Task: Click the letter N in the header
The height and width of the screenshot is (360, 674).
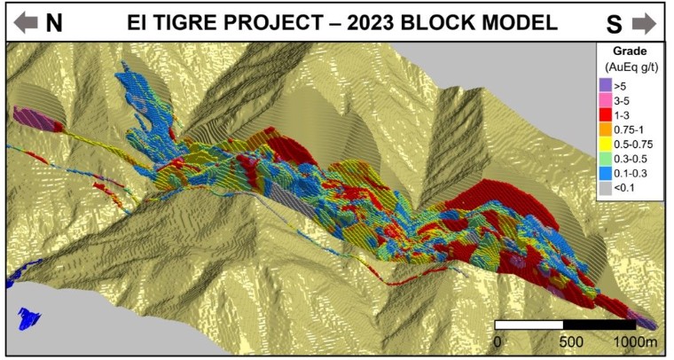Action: point(54,23)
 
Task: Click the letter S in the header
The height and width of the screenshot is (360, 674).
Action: point(613,23)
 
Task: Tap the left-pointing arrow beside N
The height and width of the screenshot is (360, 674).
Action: point(26,22)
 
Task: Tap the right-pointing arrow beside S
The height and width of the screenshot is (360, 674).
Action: point(645,22)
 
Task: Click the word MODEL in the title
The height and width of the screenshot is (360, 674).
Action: point(519,21)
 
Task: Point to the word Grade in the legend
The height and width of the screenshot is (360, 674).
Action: point(630,51)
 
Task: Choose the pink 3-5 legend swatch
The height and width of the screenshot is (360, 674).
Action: point(605,100)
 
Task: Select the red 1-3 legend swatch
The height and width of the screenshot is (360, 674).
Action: point(605,115)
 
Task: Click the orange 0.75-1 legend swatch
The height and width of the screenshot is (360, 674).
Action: point(605,129)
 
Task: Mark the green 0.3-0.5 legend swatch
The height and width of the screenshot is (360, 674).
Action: point(605,159)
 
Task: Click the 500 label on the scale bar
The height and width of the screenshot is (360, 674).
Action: point(571,342)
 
